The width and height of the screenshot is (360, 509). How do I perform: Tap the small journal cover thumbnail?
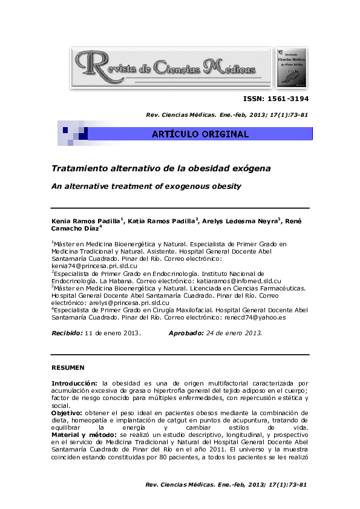(x=292, y=67)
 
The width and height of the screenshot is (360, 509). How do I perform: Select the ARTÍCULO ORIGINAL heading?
(x=200, y=134)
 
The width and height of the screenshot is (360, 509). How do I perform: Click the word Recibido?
(x=66, y=333)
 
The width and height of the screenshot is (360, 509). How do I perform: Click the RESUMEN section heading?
(x=68, y=368)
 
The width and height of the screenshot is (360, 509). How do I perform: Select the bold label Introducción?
(x=74, y=383)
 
